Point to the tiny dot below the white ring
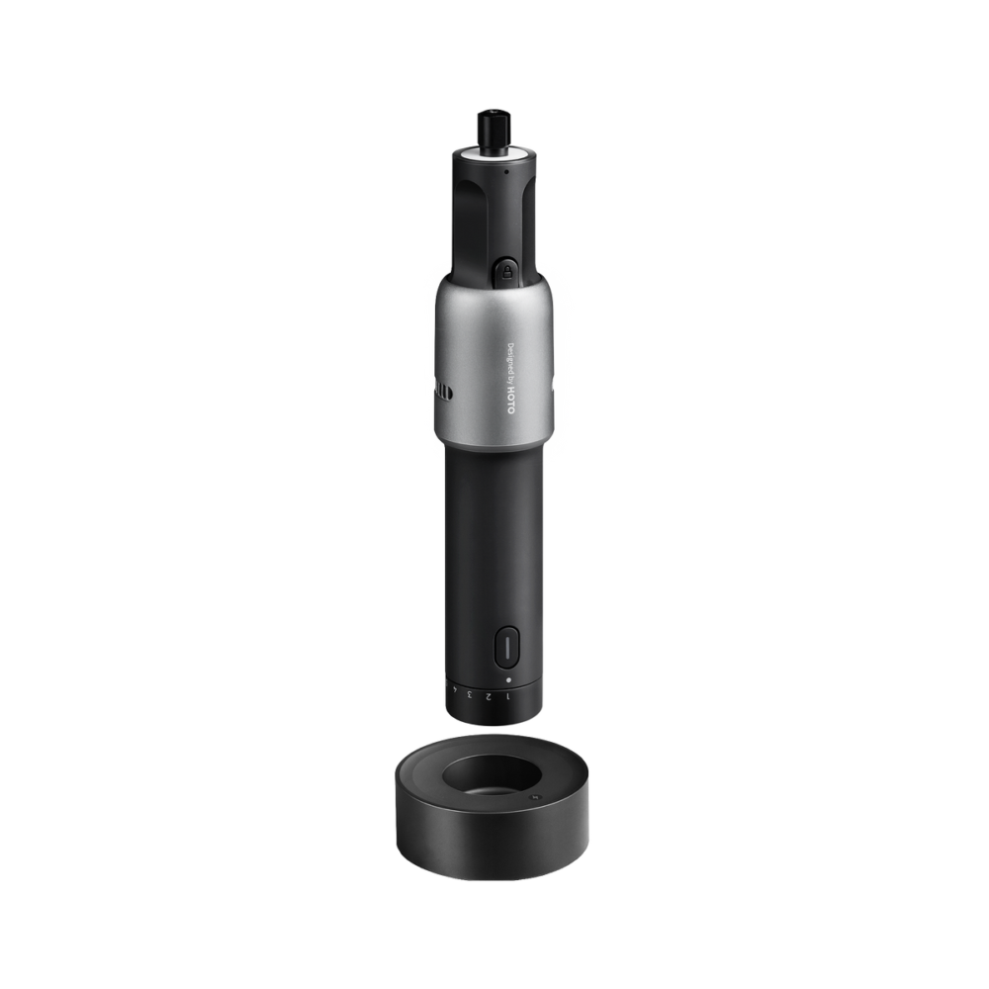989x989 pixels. (x=505, y=171)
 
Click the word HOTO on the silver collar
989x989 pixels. (x=511, y=401)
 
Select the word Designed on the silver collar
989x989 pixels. (x=511, y=357)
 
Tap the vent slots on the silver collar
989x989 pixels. (x=443, y=394)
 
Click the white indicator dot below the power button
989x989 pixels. (x=508, y=680)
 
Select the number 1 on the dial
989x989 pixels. (x=507, y=696)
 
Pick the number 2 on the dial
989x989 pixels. (x=489, y=696)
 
